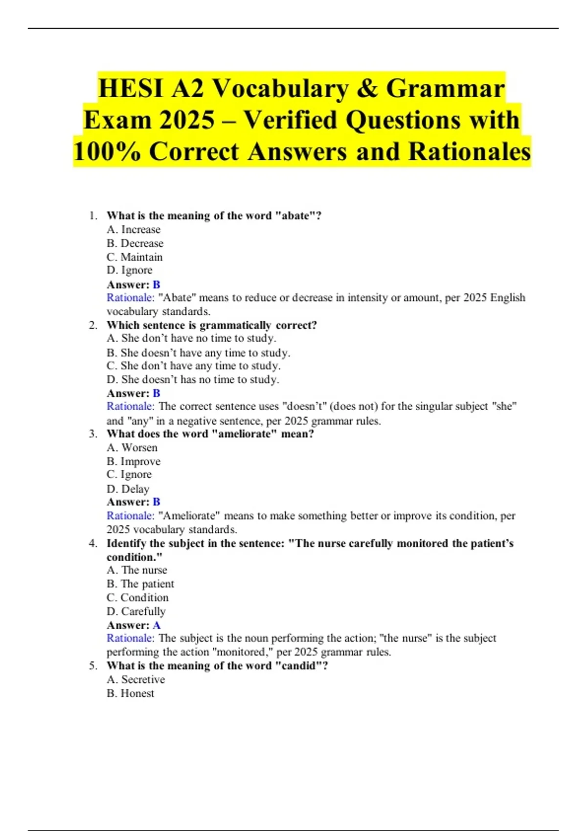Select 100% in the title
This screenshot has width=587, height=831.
pyautogui.click(x=107, y=152)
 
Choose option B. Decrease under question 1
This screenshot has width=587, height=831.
pyautogui.click(x=135, y=243)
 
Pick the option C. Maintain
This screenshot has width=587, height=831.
pyautogui.click(x=135, y=257)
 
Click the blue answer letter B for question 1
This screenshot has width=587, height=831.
pyautogui.click(x=157, y=284)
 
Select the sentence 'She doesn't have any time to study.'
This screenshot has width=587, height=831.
pyautogui.click(x=199, y=352)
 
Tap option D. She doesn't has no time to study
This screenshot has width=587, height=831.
pyautogui.click(x=193, y=380)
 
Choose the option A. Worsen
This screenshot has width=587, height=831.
pyautogui.click(x=132, y=448)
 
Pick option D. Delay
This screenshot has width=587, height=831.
pyautogui.click(x=128, y=489)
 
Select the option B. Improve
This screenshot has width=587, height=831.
pyautogui.click(x=134, y=461)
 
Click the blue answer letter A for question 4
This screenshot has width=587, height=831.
pyautogui.click(x=157, y=625)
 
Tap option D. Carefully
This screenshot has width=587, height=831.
pyautogui.click(x=136, y=612)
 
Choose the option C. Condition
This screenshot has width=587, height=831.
pyautogui.click(x=137, y=598)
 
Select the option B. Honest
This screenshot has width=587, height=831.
pyautogui.click(x=131, y=693)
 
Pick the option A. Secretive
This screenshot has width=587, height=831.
pyautogui.click(x=136, y=679)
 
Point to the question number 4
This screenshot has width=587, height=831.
pyautogui.click(x=92, y=544)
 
